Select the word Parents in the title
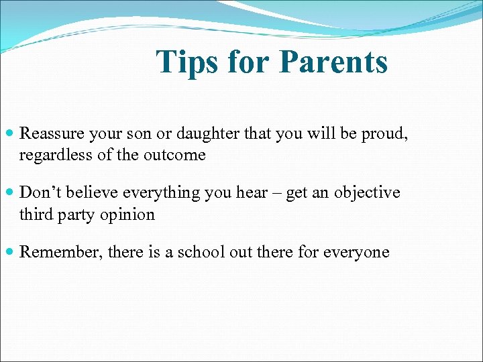pyautogui.click(x=333, y=62)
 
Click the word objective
pyautogui.click(x=367, y=192)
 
